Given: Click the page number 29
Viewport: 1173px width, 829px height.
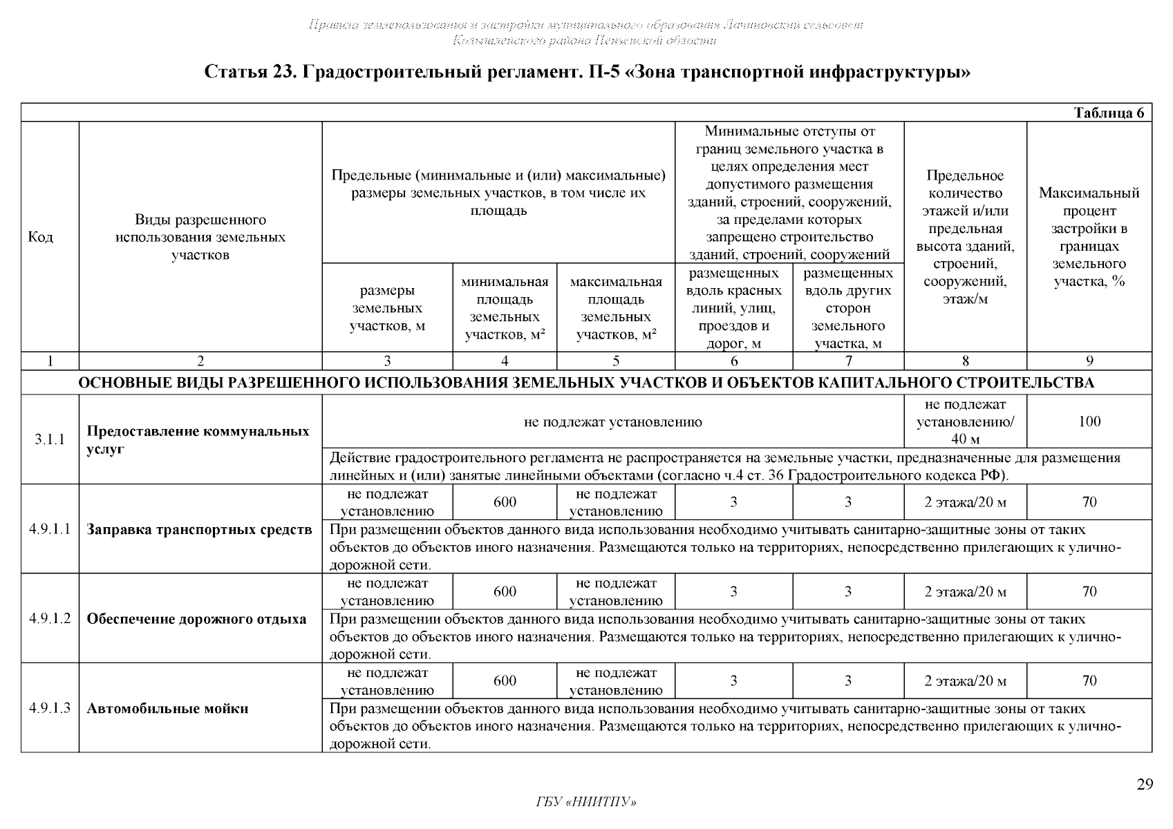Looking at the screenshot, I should coord(1145,784).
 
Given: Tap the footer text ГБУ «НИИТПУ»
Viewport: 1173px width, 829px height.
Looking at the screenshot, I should coord(585,802).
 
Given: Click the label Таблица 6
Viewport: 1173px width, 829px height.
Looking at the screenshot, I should coord(1109,113).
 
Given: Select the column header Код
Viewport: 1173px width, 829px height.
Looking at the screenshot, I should coord(41,238).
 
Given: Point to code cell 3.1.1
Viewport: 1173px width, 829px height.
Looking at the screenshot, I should coord(50,439).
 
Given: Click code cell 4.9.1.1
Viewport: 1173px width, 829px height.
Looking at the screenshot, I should coord(50,529).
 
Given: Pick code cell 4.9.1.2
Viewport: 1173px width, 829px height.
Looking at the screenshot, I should coord(50,618).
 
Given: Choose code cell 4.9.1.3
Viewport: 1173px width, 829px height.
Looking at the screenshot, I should coord(50,708).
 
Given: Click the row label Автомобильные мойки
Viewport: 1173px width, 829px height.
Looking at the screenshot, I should coord(167,709).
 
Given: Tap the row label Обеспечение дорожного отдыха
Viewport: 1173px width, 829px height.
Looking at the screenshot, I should coord(196,619).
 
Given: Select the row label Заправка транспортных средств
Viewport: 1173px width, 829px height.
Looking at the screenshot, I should coord(199,530).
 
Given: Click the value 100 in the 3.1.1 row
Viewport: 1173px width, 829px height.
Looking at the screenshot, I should coord(1089,421).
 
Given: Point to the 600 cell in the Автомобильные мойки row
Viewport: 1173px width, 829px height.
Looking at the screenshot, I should coord(505,681).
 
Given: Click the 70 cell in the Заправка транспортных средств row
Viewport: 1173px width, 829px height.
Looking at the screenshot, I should coord(1089,502).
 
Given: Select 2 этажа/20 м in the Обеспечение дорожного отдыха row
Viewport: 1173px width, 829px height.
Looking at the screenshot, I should coord(965,592).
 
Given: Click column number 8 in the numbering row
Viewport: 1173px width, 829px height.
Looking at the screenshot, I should coord(965,361).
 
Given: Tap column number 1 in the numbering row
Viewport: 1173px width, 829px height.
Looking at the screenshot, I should coord(50,361).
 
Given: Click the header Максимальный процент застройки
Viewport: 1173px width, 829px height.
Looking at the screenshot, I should coord(1089,238).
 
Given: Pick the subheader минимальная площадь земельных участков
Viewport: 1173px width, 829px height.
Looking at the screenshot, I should coord(505,308).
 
